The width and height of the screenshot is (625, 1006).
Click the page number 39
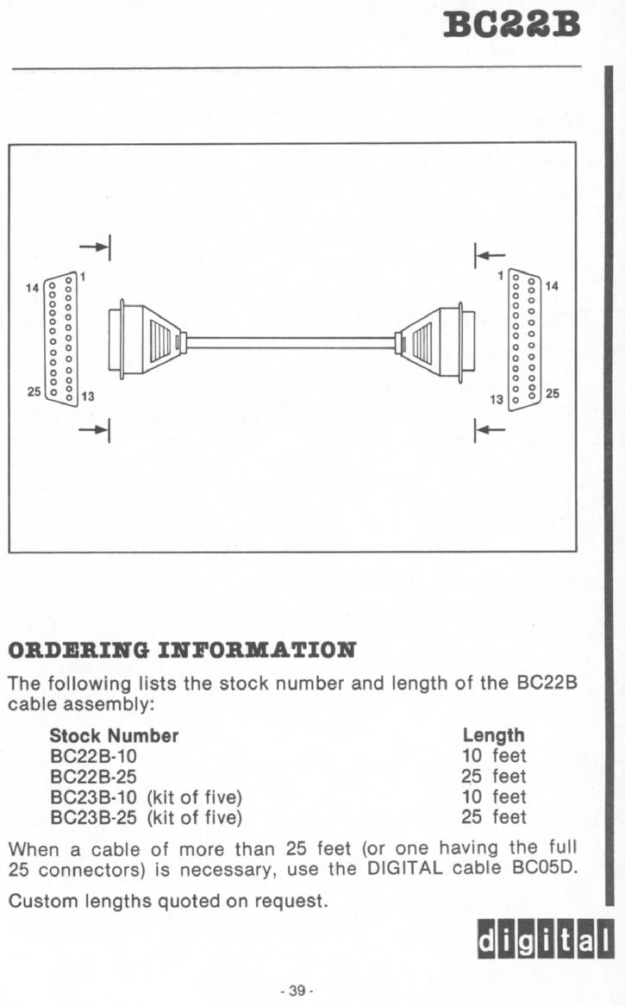tap(296, 990)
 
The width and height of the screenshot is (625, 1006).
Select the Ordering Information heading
tap(182, 651)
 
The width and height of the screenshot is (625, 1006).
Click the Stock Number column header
tap(114, 735)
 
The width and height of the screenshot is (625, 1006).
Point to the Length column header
tap(493, 736)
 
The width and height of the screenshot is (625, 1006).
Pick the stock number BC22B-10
tap(93, 756)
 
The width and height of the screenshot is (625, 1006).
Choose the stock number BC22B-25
tap(93, 777)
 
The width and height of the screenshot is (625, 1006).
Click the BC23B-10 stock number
tap(93, 797)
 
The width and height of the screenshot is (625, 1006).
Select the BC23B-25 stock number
tap(93, 817)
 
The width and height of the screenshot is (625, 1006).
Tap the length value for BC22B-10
tap(493, 756)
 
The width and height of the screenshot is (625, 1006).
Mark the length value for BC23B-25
tap(493, 817)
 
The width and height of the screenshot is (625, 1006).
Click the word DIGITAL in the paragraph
tap(404, 869)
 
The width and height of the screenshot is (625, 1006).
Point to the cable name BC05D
tap(546, 869)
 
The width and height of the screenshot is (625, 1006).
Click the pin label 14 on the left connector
tap(32, 288)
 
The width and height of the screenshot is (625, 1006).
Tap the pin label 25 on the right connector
tap(552, 393)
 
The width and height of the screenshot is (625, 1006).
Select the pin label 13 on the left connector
tap(87, 397)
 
